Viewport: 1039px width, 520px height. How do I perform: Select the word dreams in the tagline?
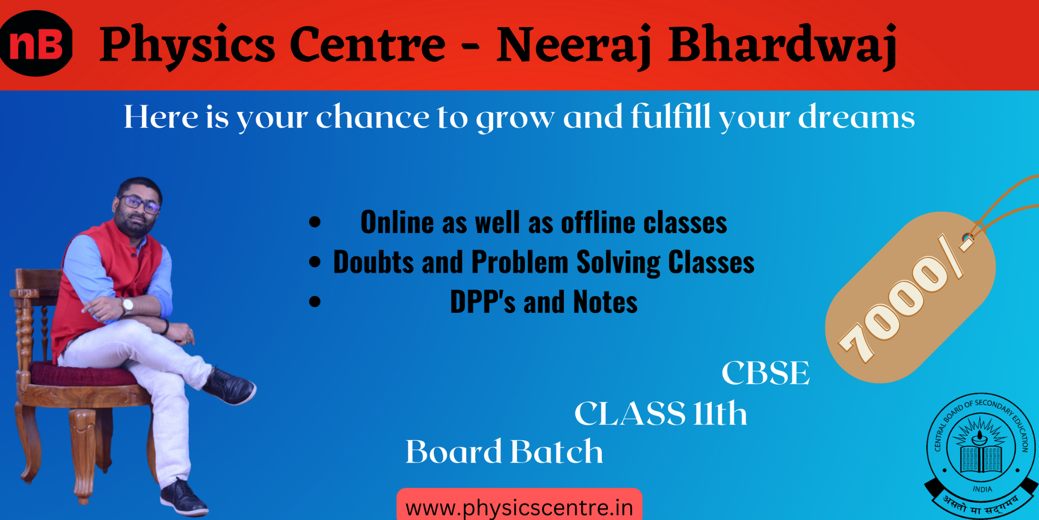tap(857, 117)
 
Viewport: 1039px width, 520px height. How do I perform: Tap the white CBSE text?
tap(766, 373)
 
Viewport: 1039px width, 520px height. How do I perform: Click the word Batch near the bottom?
tap(557, 451)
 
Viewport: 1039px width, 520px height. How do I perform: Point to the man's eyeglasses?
tap(140, 204)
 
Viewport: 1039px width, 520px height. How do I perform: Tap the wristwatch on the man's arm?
tap(127, 306)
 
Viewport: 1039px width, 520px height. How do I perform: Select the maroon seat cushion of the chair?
tap(81, 374)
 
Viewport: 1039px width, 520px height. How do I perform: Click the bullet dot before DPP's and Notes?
tap(315, 302)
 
